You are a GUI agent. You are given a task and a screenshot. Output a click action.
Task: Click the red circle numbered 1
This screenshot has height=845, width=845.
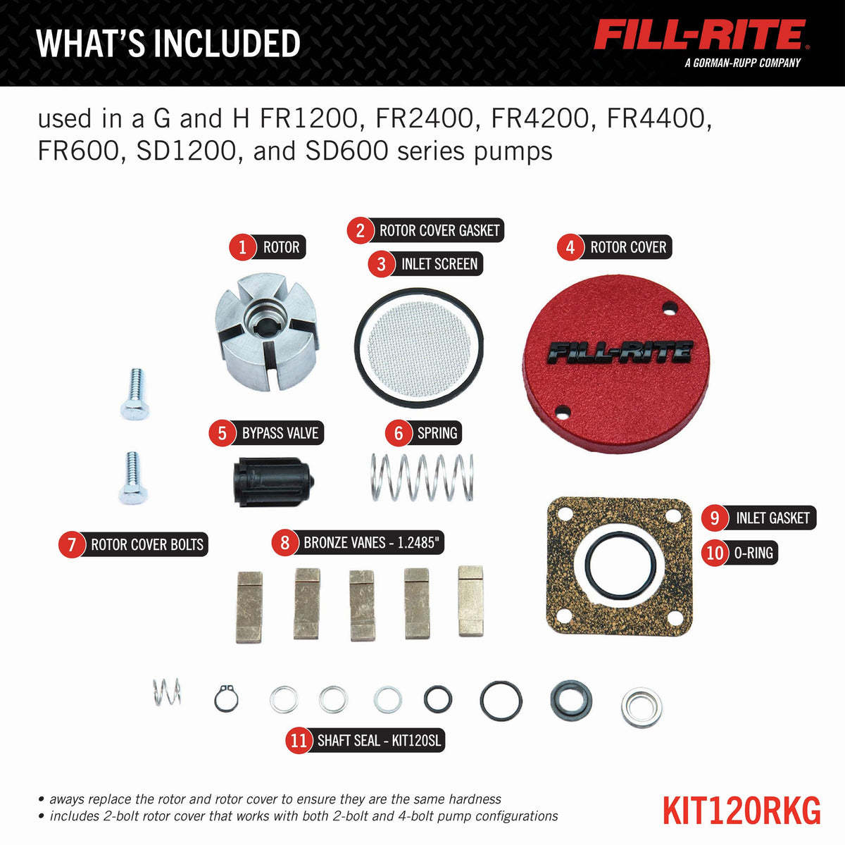tap(242, 247)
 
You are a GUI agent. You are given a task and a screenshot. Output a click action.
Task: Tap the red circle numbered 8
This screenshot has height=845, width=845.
tap(285, 543)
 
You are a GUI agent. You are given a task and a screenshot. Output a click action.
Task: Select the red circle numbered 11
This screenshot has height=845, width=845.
tap(299, 741)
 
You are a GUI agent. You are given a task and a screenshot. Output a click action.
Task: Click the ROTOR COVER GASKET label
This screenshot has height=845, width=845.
tap(439, 230)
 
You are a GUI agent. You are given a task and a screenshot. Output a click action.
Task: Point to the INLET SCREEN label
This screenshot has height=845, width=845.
tap(439, 264)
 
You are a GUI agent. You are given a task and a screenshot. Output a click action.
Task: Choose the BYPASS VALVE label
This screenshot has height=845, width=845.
tap(280, 433)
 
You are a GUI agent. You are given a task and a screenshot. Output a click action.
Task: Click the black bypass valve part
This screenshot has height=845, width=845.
tap(273, 482)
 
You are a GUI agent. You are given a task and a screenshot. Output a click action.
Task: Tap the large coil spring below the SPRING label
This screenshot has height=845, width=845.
tap(423, 477)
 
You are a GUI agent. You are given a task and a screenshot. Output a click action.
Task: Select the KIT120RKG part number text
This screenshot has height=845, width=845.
tap(741, 811)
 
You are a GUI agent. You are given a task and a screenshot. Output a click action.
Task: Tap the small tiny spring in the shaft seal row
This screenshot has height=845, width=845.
tap(167, 692)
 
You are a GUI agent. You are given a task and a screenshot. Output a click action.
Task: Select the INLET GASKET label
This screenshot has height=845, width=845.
tap(772, 518)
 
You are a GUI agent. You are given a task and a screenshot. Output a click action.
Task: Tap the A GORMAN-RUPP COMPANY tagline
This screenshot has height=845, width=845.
tap(742, 63)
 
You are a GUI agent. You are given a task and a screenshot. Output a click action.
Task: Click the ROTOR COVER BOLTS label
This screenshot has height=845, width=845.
tap(147, 544)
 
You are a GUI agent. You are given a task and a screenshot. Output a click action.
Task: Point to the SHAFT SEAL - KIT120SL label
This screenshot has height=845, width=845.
tap(378, 741)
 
